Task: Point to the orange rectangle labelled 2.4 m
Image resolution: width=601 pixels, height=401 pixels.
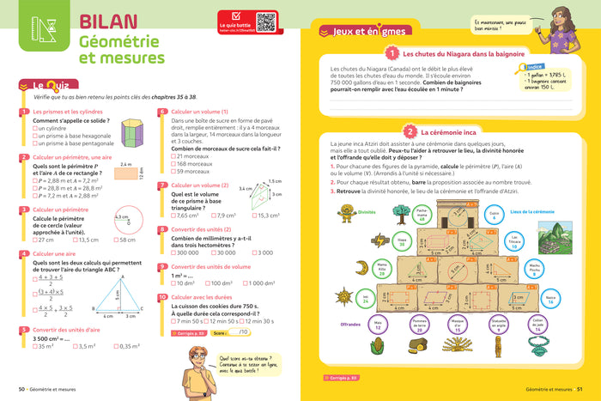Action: coord(126,173)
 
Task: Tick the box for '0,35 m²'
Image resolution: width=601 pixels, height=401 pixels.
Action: coord(115,346)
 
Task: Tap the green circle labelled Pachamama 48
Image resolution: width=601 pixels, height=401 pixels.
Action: coord(397,215)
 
